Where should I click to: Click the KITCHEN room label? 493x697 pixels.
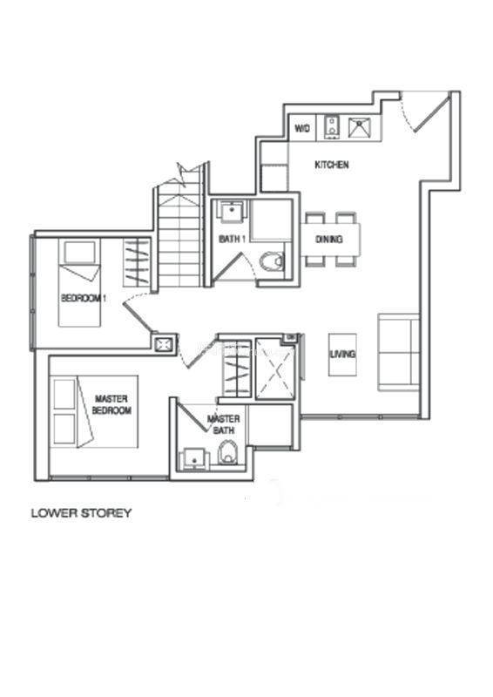pos(332,165)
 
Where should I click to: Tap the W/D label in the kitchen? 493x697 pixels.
pos(302,128)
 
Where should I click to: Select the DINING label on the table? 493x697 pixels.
pos(329,239)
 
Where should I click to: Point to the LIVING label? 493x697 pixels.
pos(342,355)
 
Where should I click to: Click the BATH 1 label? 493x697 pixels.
pos(233,239)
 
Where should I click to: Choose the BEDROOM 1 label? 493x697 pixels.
pos(83,298)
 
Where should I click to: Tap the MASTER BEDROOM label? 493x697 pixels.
pos(111,404)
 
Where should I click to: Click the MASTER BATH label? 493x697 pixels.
pos(224,424)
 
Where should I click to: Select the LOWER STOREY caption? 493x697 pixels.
pos(81,513)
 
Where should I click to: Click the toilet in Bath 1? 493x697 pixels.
pos(272,261)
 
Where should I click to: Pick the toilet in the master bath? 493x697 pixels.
pos(227,452)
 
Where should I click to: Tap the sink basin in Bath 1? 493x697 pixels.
pos(232,212)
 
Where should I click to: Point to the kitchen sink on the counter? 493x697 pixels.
pos(361,128)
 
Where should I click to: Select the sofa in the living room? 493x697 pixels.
pos(398,353)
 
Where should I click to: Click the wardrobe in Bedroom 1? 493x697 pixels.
pos(137,262)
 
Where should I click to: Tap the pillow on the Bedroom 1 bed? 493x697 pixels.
pos(80,253)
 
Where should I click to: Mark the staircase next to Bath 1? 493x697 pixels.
pos(180,235)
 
